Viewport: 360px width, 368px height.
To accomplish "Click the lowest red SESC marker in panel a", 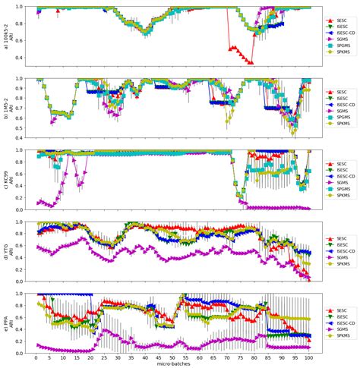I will tap(251, 63).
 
